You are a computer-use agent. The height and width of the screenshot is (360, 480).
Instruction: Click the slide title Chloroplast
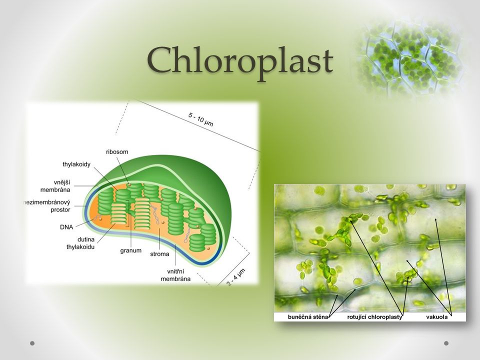(x=240, y=60)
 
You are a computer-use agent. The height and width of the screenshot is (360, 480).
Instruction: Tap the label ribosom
(x=117, y=152)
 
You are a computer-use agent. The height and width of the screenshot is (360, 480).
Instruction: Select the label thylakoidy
(x=76, y=164)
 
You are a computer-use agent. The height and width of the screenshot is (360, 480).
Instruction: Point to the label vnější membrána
(x=55, y=186)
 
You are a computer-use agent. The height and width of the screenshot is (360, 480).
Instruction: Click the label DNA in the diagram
(x=66, y=227)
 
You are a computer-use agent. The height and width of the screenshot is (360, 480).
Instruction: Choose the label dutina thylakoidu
(x=81, y=243)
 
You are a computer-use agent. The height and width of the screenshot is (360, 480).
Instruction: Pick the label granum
(x=130, y=250)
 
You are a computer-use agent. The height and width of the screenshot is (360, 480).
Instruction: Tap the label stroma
(x=159, y=254)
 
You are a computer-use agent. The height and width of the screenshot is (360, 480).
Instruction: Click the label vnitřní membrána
(x=175, y=275)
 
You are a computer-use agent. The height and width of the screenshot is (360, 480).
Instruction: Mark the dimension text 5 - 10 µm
(x=201, y=119)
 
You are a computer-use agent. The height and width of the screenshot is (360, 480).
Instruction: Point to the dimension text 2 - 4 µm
(x=236, y=277)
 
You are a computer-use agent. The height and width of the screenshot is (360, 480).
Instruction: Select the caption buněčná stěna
(x=307, y=317)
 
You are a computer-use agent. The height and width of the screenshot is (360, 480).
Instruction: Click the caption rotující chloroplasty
(x=374, y=317)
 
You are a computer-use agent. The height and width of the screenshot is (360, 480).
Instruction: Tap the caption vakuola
(x=437, y=317)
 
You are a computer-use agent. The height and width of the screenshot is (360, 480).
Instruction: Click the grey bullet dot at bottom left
(x=32, y=343)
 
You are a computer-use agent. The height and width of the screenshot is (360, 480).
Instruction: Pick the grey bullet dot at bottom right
(x=446, y=343)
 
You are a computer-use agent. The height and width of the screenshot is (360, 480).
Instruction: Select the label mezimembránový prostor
(x=47, y=206)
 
